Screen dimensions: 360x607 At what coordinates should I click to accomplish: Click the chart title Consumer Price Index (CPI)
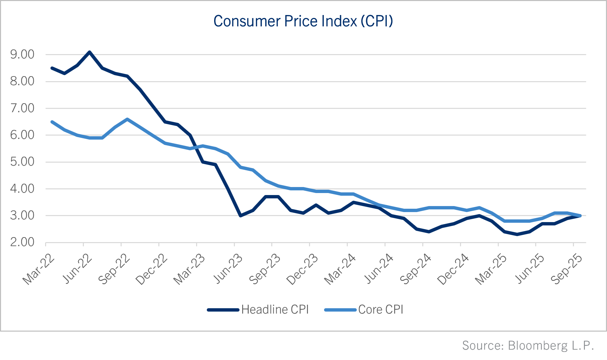coord(303,21)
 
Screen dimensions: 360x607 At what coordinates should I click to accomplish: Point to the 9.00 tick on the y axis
coord(22,54)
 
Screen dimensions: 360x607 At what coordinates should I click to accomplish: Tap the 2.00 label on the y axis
coord(22,242)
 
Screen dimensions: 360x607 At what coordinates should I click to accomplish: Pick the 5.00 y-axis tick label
coord(22,162)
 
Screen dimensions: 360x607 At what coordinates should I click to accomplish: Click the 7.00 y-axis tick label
coord(22,108)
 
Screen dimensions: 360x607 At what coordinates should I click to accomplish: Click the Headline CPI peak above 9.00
coord(90,52)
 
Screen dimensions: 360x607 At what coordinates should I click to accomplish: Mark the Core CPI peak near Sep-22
coord(127,119)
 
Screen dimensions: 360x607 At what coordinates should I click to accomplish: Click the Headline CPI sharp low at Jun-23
coord(240,216)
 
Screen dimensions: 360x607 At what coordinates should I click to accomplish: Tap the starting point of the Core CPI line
coord(52,122)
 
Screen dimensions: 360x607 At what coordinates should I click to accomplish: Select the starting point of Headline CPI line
coord(52,68)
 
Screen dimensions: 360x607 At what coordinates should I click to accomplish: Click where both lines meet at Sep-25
coord(580,216)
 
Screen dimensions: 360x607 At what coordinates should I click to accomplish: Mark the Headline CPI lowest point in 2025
coord(517,234)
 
